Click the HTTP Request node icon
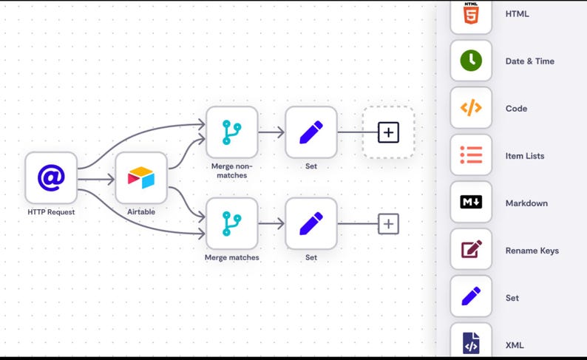pos(51,177)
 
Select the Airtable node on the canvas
pos(141,178)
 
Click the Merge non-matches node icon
pos(231,132)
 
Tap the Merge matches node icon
pos(231,223)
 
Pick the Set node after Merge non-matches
pos(311,132)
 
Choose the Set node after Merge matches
pos(311,223)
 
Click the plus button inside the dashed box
pos(388,132)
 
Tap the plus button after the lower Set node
pos(388,223)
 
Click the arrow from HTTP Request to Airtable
pos(96,179)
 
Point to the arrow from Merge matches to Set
pos(271,223)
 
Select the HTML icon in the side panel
pos(471,15)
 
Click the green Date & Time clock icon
pos(471,61)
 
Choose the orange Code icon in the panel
pos(471,108)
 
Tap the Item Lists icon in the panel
pos(471,155)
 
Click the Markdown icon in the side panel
pos(471,203)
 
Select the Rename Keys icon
pos(471,250)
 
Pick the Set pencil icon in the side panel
pos(471,297)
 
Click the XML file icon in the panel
pos(471,344)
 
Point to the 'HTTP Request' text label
pos(51,212)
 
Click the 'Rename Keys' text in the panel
pos(532,251)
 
